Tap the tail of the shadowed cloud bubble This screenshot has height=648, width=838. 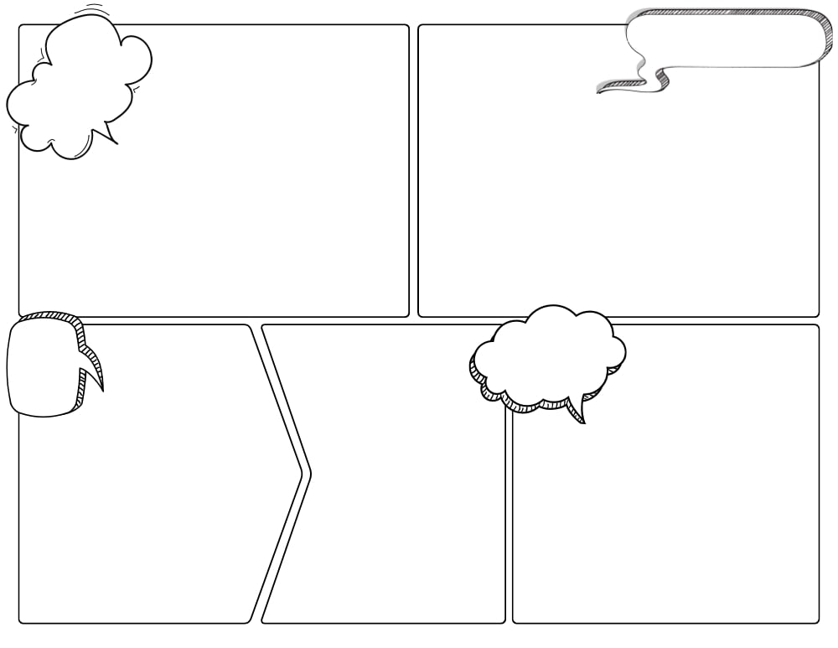577,410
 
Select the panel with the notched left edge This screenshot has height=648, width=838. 394,503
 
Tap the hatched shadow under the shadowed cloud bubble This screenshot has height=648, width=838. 536,406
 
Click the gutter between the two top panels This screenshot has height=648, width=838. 414,168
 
